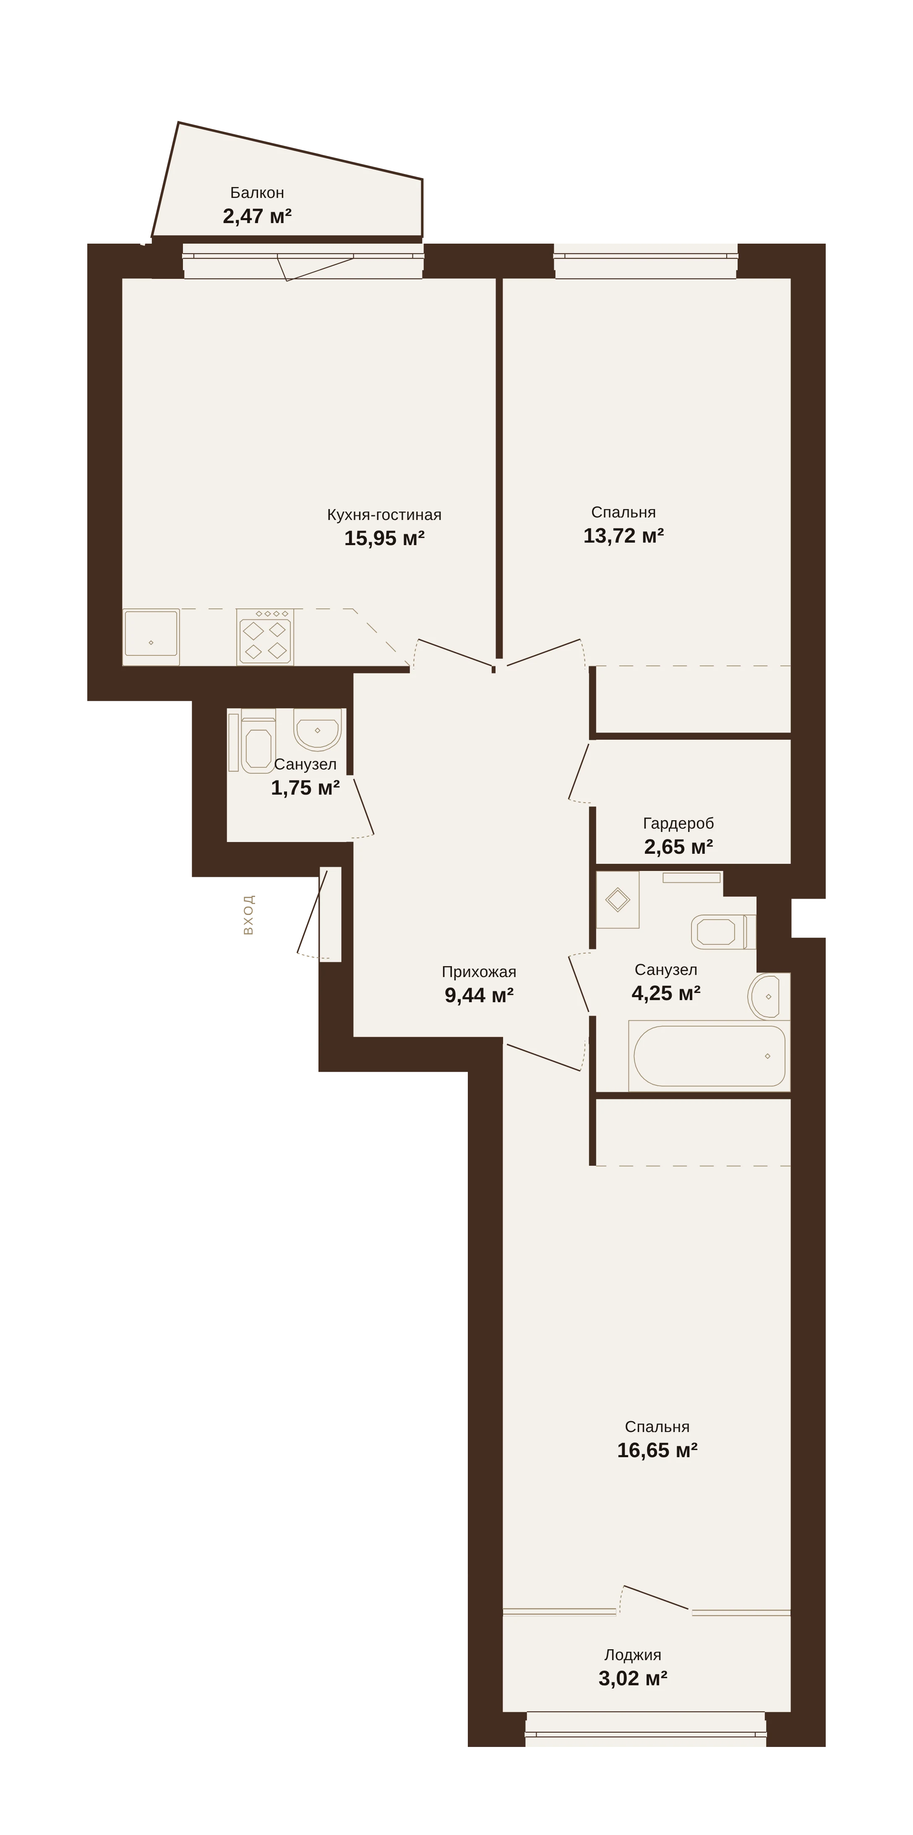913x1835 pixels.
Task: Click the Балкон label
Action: coord(257,192)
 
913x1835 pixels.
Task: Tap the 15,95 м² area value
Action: coord(384,538)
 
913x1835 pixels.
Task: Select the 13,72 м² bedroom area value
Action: coord(623,535)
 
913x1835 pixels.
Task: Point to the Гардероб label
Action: coord(678,824)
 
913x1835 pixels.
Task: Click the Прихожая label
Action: coord(479,972)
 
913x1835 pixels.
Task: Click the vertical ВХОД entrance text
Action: coord(248,915)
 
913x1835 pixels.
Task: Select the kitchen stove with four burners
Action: coord(265,637)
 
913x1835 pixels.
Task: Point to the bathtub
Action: coord(709,1056)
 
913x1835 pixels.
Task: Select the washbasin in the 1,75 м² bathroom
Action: coord(317,730)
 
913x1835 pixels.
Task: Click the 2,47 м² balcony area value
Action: coord(257,216)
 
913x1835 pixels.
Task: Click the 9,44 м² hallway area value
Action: coord(479,995)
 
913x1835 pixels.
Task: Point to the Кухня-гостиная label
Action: coord(384,515)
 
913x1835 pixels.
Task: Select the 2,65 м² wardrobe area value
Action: coord(678,847)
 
